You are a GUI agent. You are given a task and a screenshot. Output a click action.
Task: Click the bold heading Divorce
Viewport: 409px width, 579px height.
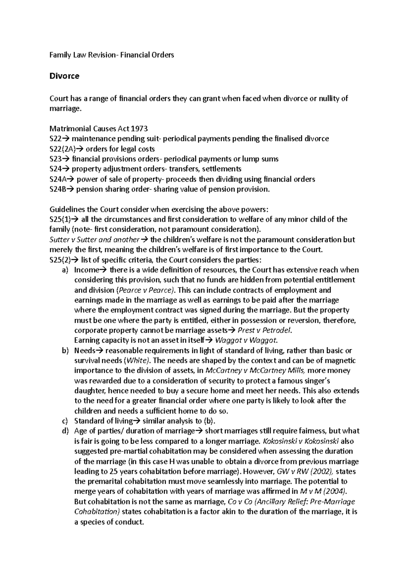pos(64,76)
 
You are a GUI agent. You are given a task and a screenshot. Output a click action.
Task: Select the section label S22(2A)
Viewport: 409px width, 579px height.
pos(62,149)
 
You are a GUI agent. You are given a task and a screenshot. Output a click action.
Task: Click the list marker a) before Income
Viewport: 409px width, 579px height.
pos(65,270)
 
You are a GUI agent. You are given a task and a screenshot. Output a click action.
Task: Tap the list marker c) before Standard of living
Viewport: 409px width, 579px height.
pos(65,421)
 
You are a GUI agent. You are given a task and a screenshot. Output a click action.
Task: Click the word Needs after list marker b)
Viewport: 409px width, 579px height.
pos(85,351)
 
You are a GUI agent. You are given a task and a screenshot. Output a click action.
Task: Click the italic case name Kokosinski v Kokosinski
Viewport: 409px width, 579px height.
pos(301,441)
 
